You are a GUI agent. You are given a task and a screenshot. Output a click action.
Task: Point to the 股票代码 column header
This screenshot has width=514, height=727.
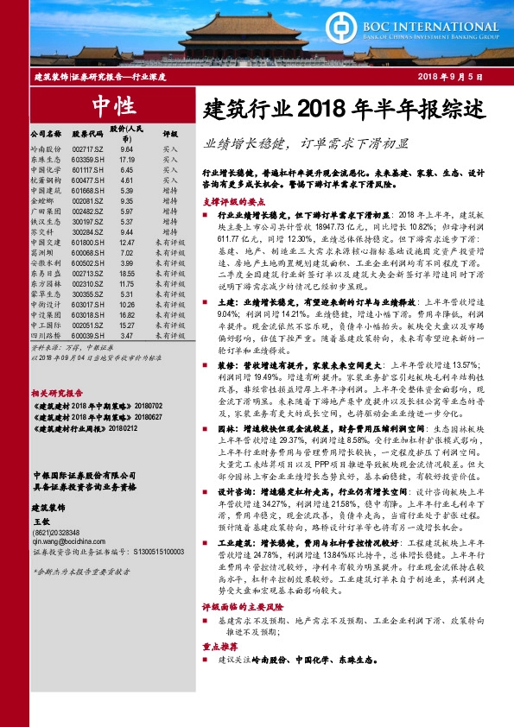88,135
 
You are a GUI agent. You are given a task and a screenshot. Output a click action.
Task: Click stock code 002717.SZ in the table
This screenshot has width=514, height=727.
88,150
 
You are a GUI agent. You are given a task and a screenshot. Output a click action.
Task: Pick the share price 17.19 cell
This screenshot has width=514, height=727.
127,160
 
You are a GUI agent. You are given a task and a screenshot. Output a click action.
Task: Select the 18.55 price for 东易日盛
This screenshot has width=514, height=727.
127,274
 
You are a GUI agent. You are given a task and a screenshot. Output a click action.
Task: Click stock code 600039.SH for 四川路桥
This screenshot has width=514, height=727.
88,335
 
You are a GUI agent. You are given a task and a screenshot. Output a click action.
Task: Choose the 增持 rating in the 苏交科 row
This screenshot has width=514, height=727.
170,232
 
